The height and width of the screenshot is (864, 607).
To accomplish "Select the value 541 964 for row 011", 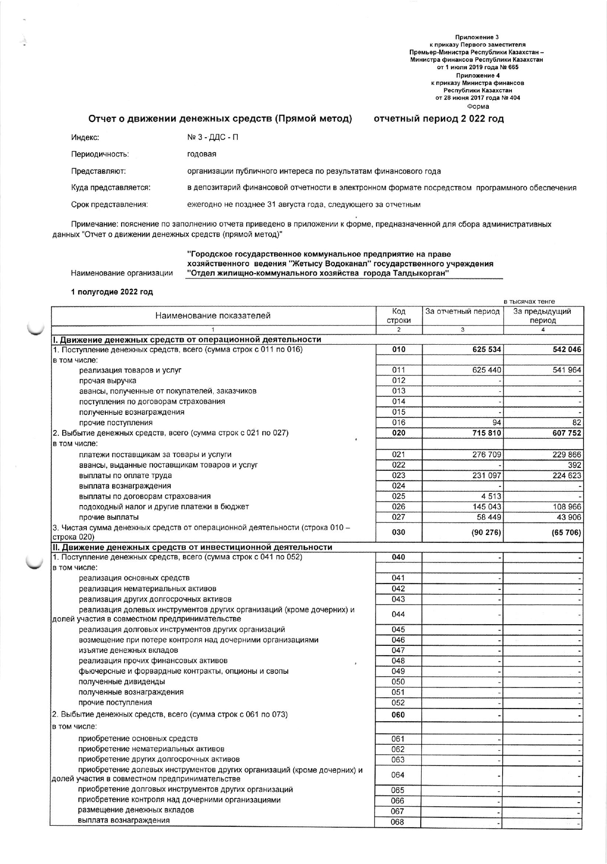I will pyautogui.click(x=567, y=370).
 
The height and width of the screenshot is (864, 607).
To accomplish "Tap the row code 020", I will pyautogui.click(x=399, y=433).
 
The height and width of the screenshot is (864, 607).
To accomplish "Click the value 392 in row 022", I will pyautogui.click(x=575, y=465).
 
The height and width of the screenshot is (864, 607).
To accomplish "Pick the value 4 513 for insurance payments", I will pyautogui.click(x=490, y=496).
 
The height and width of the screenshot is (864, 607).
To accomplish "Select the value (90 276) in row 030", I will pyautogui.click(x=485, y=532).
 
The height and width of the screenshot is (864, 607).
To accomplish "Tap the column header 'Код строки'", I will pyautogui.click(x=399, y=316).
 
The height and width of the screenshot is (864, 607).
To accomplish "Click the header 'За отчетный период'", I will pyautogui.click(x=462, y=311).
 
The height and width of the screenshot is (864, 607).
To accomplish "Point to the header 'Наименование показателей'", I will pyautogui.click(x=213, y=316).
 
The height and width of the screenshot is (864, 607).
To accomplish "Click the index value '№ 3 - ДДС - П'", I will pyautogui.click(x=213, y=137).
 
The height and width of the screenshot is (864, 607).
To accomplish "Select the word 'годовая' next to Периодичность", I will pyautogui.click(x=202, y=154).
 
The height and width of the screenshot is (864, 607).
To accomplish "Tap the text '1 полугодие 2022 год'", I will pyautogui.click(x=112, y=292).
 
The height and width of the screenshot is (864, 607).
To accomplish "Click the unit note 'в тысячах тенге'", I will pyautogui.click(x=529, y=302).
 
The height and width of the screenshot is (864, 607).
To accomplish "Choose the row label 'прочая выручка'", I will pyautogui.click(x=107, y=381).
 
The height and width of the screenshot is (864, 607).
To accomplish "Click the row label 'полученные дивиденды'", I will pyautogui.click(x=122, y=682).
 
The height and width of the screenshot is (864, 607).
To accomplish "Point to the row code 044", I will pyautogui.click(x=399, y=614).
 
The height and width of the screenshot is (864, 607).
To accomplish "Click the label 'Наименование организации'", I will pyautogui.click(x=122, y=273).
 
